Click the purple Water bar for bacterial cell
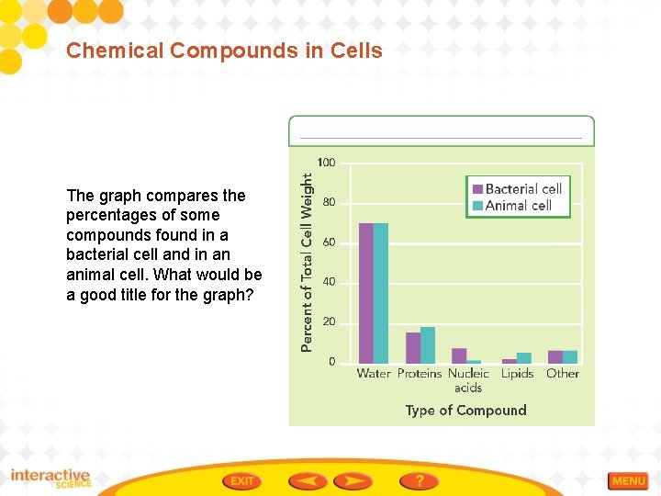pyautogui.click(x=366, y=293)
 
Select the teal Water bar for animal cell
pyautogui.click(x=381, y=293)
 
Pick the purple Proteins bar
pyautogui.click(x=413, y=348)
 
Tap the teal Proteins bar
pyautogui.click(x=428, y=345)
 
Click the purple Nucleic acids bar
pyautogui.click(x=459, y=355)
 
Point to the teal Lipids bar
pyautogui.click(x=524, y=358)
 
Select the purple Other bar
pyautogui.click(x=555, y=357)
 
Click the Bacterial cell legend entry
pyautogui.click(x=518, y=189)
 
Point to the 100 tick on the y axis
pyautogui.click(x=326, y=163)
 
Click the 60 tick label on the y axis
pyautogui.click(x=329, y=242)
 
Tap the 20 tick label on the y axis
pyautogui.click(x=329, y=322)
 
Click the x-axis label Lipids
pyautogui.click(x=518, y=374)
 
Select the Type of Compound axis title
pyautogui.click(x=466, y=411)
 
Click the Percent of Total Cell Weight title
pyautogui.click(x=308, y=263)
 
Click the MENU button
pyautogui.click(x=629, y=481)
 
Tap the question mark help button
pyautogui.click(x=419, y=480)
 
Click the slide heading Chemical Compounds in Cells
pyautogui.click(x=224, y=51)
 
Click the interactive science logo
pyautogui.click(x=51, y=479)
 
